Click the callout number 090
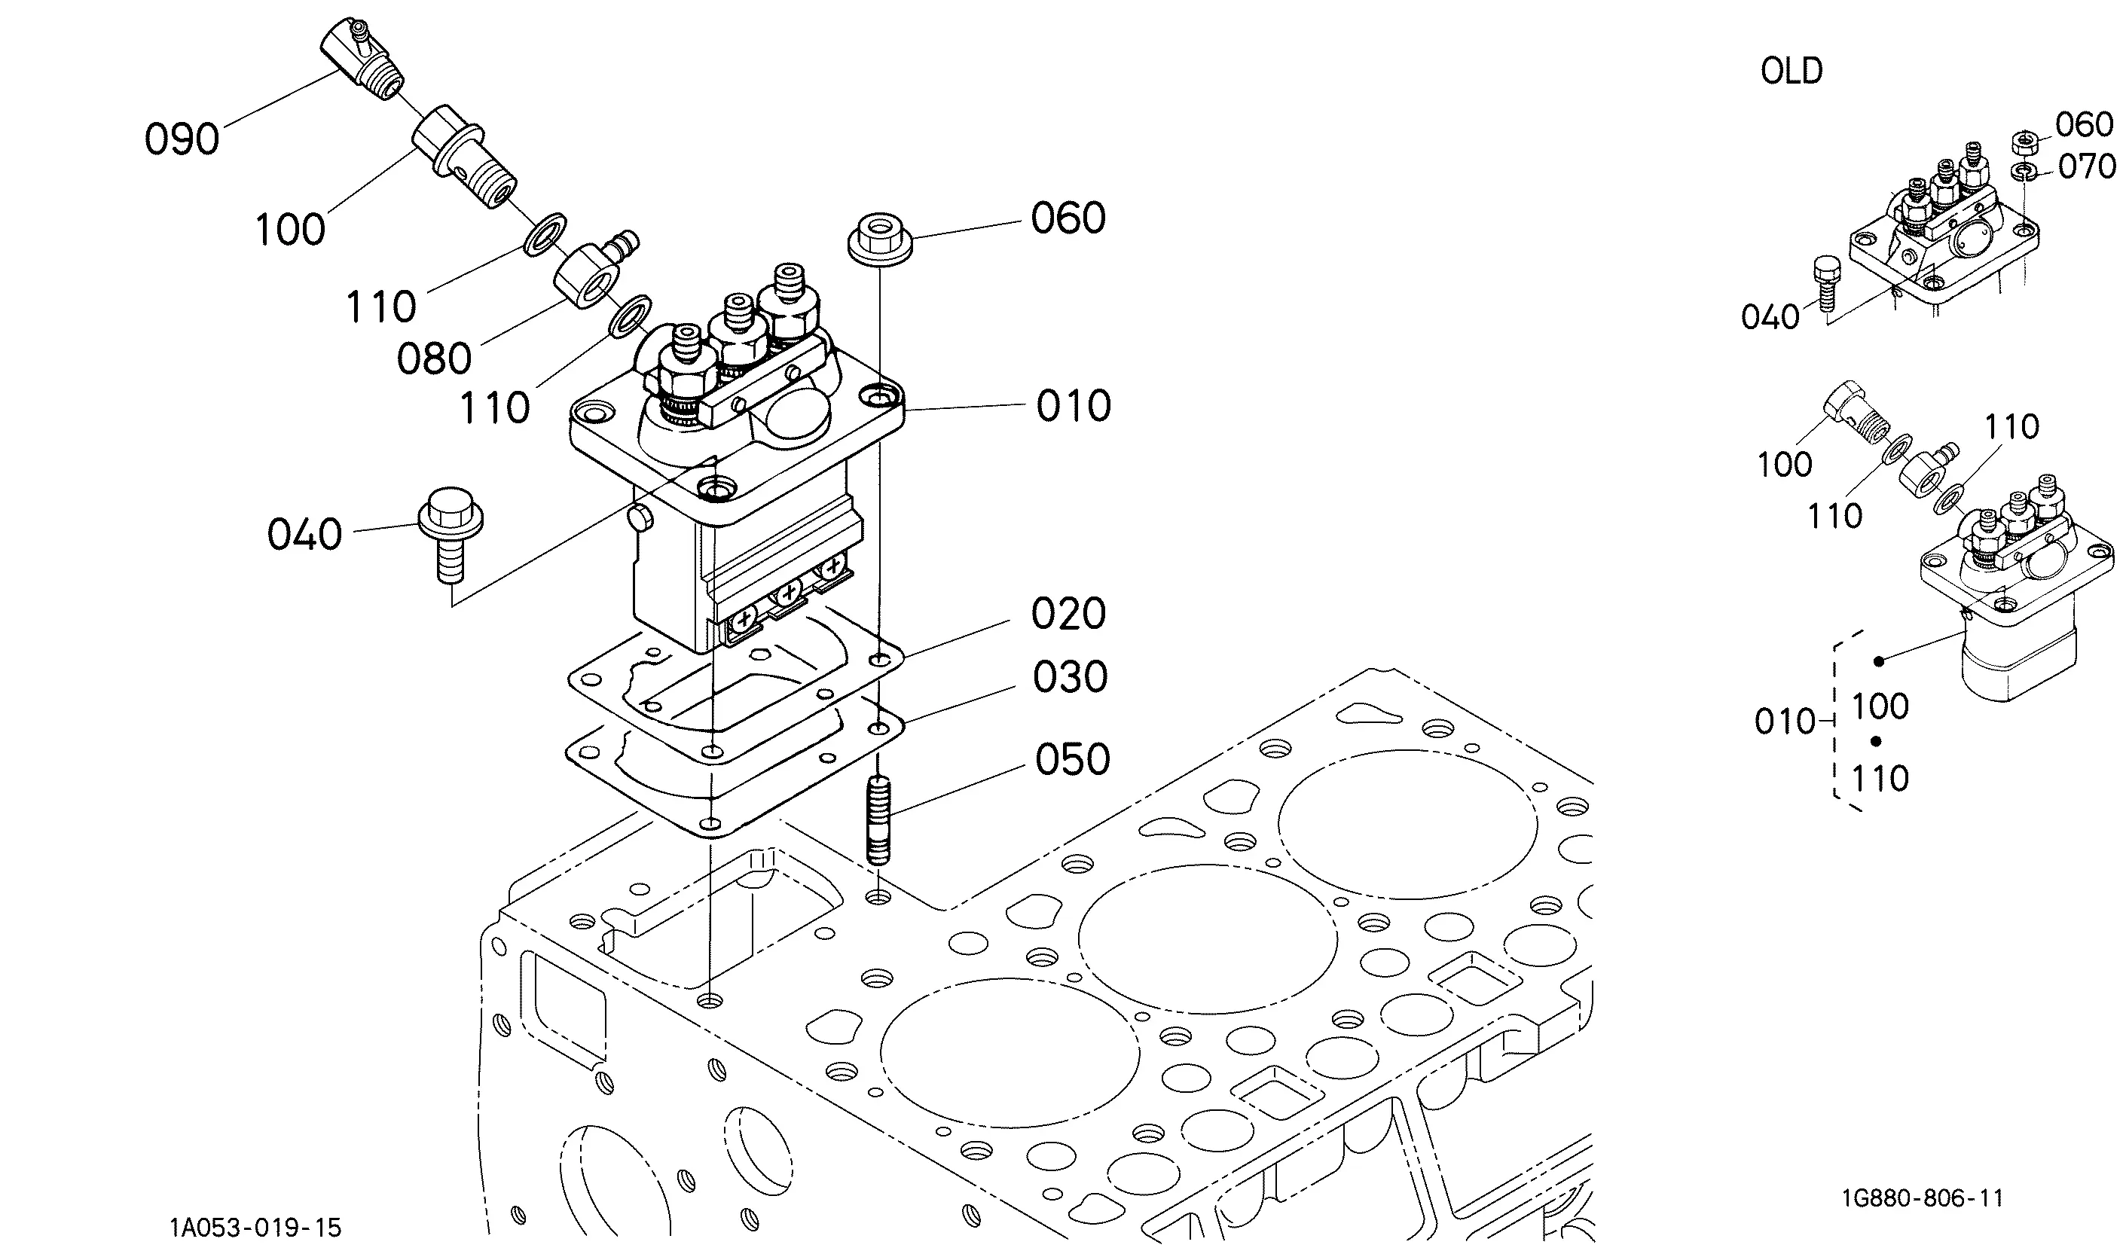click(182, 139)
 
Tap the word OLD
click(1792, 71)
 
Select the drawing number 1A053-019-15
click(256, 1228)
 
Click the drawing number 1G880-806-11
click(1923, 1198)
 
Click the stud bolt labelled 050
click(879, 821)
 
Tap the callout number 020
click(1069, 613)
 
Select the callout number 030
click(1071, 677)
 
